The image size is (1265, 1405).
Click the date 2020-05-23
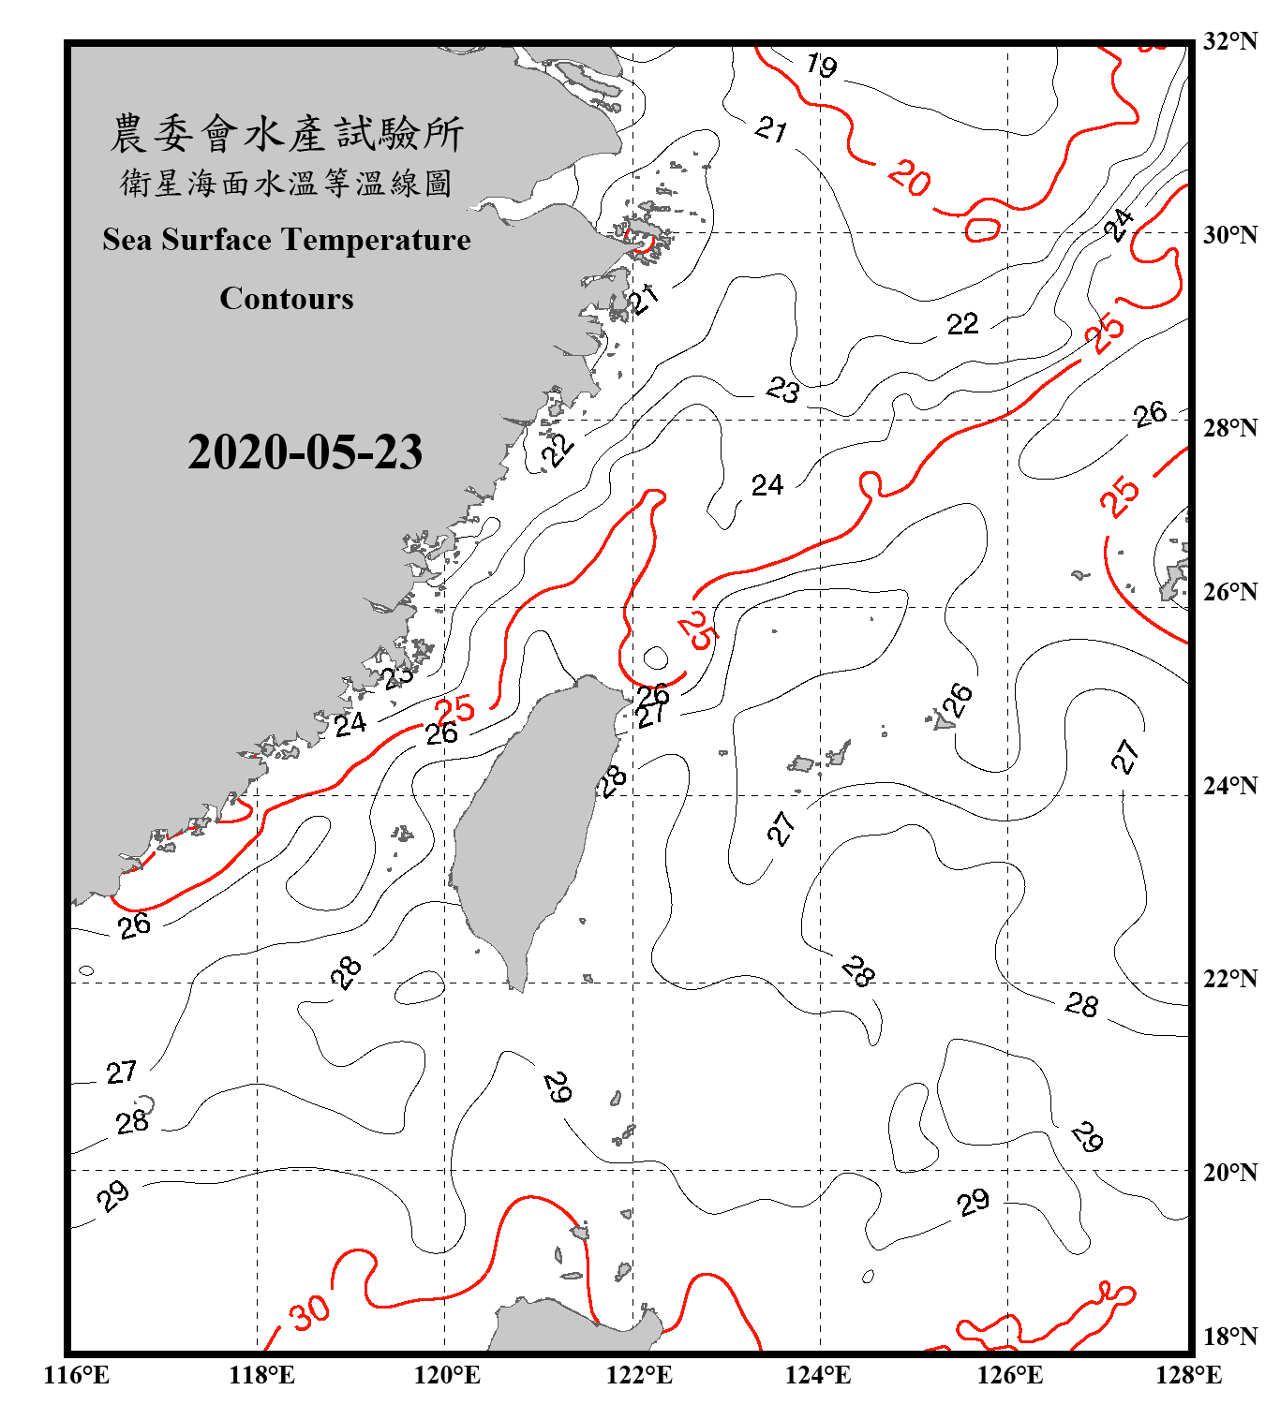click(305, 451)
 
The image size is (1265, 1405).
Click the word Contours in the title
click(287, 298)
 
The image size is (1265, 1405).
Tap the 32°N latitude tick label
click(1230, 41)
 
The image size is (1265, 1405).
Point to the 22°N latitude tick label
click(1230, 979)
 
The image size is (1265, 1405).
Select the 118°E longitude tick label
click(261, 1375)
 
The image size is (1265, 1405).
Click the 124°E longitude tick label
click(818, 1375)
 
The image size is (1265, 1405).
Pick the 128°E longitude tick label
click(1188, 1375)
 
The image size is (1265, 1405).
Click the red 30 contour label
click(309, 1312)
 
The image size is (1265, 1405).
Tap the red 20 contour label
click(909, 177)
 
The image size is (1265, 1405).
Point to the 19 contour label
click(822, 66)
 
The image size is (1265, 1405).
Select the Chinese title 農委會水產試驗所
click(287, 134)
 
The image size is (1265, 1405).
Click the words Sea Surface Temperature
click(287, 240)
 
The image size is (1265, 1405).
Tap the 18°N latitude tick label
click(1230, 1337)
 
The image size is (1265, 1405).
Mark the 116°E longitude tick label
click(77, 1375)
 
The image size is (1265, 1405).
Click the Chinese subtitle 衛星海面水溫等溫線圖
click(287, 184)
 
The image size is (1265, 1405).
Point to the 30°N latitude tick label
click(1230, 234)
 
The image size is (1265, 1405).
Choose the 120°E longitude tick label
click(447, 1375)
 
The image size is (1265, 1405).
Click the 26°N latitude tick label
click(1230, 592)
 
